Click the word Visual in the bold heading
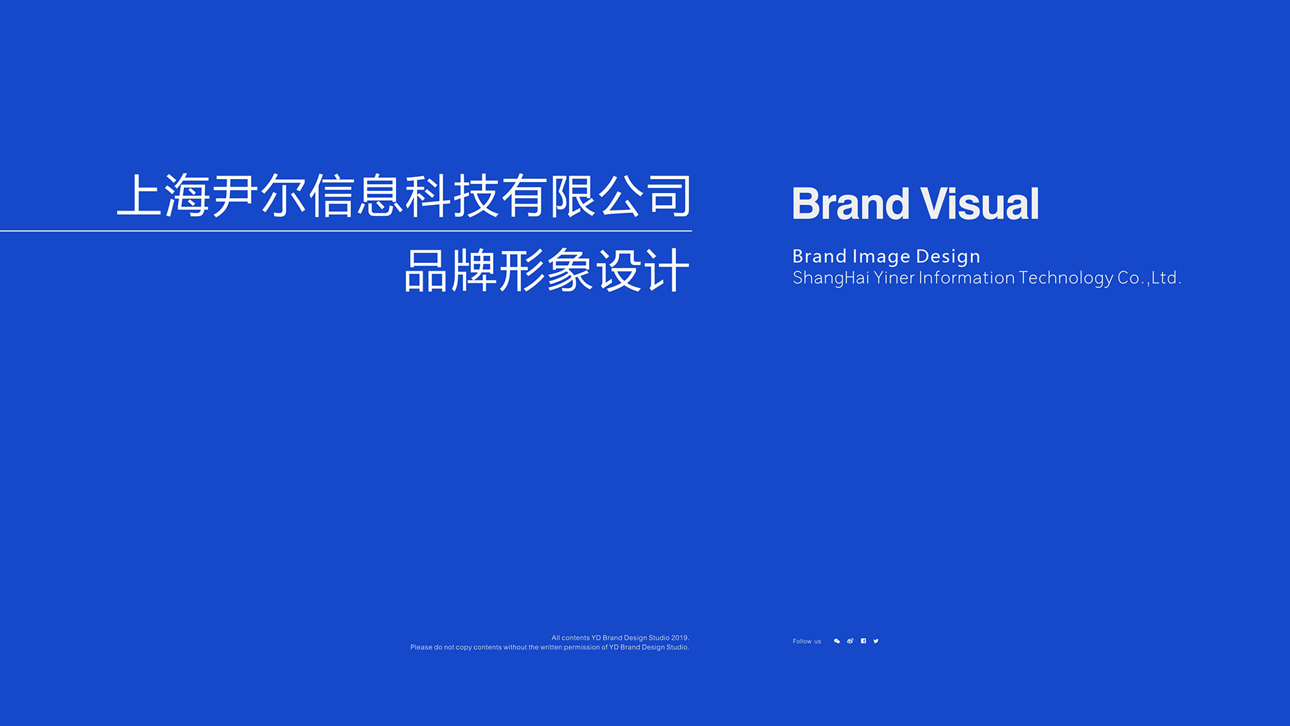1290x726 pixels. coord(979,204)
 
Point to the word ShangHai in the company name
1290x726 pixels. coord(830,278)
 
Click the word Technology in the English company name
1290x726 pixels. coord(1065,278)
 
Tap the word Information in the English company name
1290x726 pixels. coord(967,278)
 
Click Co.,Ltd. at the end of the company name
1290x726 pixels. coord(1149,278)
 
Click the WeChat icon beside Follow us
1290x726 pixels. coord(837,641)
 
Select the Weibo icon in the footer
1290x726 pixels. coord(850,641)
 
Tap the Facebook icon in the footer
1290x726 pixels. coord(863,641)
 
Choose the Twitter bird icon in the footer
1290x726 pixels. coord(876,641)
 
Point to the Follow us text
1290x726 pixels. coord(807,641)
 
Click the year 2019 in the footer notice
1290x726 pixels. coord(680,638)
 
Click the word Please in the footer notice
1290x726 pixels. coord(421,648)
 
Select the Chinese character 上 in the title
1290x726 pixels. coord(139,195)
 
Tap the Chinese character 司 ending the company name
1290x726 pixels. coord(669,195)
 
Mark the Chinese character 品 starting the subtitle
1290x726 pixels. coord(426,271)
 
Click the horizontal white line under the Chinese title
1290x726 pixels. coord(346,231)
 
